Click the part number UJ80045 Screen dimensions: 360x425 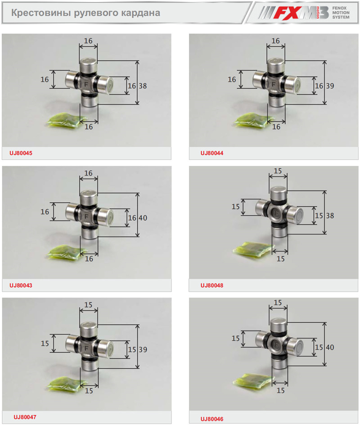21,153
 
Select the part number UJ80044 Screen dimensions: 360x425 212,153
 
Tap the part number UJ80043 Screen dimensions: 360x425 21,285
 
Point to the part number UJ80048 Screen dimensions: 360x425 212,285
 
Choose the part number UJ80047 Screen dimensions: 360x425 25,417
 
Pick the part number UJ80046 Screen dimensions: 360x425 212,419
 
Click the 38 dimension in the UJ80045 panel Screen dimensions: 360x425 143,86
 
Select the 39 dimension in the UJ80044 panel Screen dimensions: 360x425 330,86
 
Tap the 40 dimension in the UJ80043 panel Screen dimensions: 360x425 143,218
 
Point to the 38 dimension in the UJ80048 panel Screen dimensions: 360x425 330,216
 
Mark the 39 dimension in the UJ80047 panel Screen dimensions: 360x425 143,350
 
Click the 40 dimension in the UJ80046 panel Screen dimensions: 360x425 330,348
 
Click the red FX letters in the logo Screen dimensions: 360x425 287,13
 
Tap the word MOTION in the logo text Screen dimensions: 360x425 341,13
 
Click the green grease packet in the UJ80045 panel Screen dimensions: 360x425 66,121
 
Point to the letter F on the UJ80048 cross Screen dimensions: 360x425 277,213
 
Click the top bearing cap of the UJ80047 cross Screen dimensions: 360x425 89,329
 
